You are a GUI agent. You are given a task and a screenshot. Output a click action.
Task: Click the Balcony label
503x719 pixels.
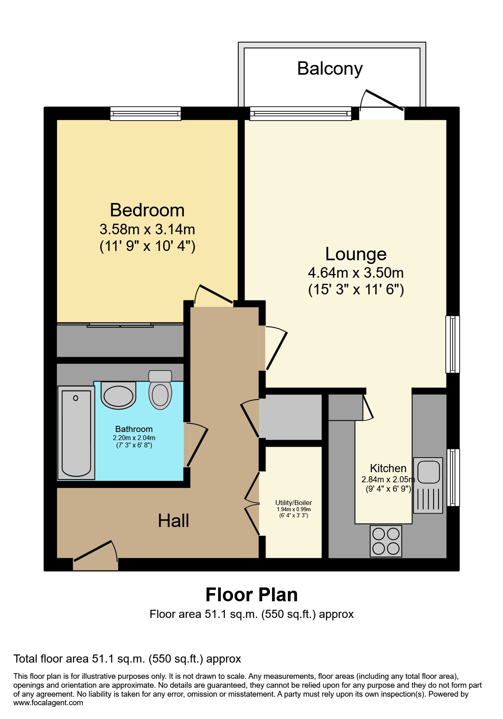tap(330, 69)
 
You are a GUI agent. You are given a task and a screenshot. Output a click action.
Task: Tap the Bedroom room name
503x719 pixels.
tap(147, 210)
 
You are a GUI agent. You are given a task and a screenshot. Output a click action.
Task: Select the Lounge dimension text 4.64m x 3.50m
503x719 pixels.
tap(356, 273)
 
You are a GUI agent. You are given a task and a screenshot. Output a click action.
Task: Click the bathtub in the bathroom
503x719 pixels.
tap(76, 432)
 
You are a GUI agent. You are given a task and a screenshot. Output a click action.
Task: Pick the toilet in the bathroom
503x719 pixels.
tap(160, 391)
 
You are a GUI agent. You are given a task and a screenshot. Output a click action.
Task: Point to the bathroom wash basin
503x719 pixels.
tap(118, 395)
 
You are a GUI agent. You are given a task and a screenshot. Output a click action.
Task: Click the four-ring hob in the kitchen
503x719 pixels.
tap(386, 541)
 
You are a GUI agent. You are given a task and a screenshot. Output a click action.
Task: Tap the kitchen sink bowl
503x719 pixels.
tap(429, 471)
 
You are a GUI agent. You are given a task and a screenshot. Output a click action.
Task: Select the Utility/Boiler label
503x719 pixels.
tap(294, 503)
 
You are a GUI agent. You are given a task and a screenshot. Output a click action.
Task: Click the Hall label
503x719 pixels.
tap(173, 521)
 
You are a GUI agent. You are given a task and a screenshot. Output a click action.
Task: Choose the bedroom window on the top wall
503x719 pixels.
tap(145, 114)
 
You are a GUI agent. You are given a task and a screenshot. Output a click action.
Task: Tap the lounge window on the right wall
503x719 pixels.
tap(453, 344)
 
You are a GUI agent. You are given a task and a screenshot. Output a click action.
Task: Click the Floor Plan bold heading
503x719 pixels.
tap(251, 595)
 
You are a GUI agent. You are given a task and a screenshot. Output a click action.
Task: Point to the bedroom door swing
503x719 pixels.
tap(213, 296)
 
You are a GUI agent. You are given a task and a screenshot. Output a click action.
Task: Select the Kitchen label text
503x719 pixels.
tap(388, 468)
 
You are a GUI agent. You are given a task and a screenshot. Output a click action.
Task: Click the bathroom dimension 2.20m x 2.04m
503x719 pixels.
tap(134, 438)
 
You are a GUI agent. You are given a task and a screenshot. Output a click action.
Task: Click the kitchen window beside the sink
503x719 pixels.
tap(453, 477)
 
